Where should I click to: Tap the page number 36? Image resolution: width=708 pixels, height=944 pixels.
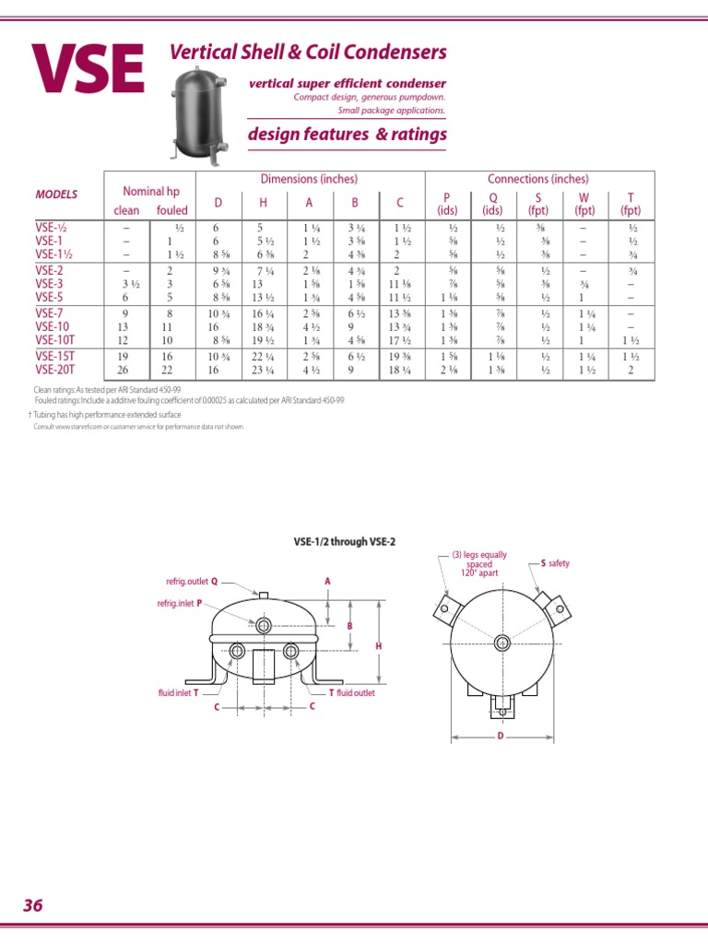click(x=33, y=905)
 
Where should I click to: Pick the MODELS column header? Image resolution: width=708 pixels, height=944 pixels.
click(x=56, y=195)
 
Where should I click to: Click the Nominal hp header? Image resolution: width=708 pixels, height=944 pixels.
click(x=151, y=191)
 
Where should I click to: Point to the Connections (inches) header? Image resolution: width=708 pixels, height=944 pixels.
click(x=537, y=179)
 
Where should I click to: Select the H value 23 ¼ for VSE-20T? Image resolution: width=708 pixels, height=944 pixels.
click(x=264, y=369)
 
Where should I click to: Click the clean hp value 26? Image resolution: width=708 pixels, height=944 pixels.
click(x=124, y=369)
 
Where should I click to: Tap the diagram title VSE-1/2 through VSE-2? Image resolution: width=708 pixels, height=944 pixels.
click(x=353, y=541)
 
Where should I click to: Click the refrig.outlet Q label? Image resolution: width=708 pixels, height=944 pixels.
click(x=192, y=582)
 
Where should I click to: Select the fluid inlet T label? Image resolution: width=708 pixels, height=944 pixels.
click(x=179, y=691)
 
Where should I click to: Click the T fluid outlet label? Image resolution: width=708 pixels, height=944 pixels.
click(x=352, y=692)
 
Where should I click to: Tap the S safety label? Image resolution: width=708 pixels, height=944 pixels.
click(x=555, y=562)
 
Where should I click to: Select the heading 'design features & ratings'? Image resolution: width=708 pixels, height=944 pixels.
click(x=348, y=135)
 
